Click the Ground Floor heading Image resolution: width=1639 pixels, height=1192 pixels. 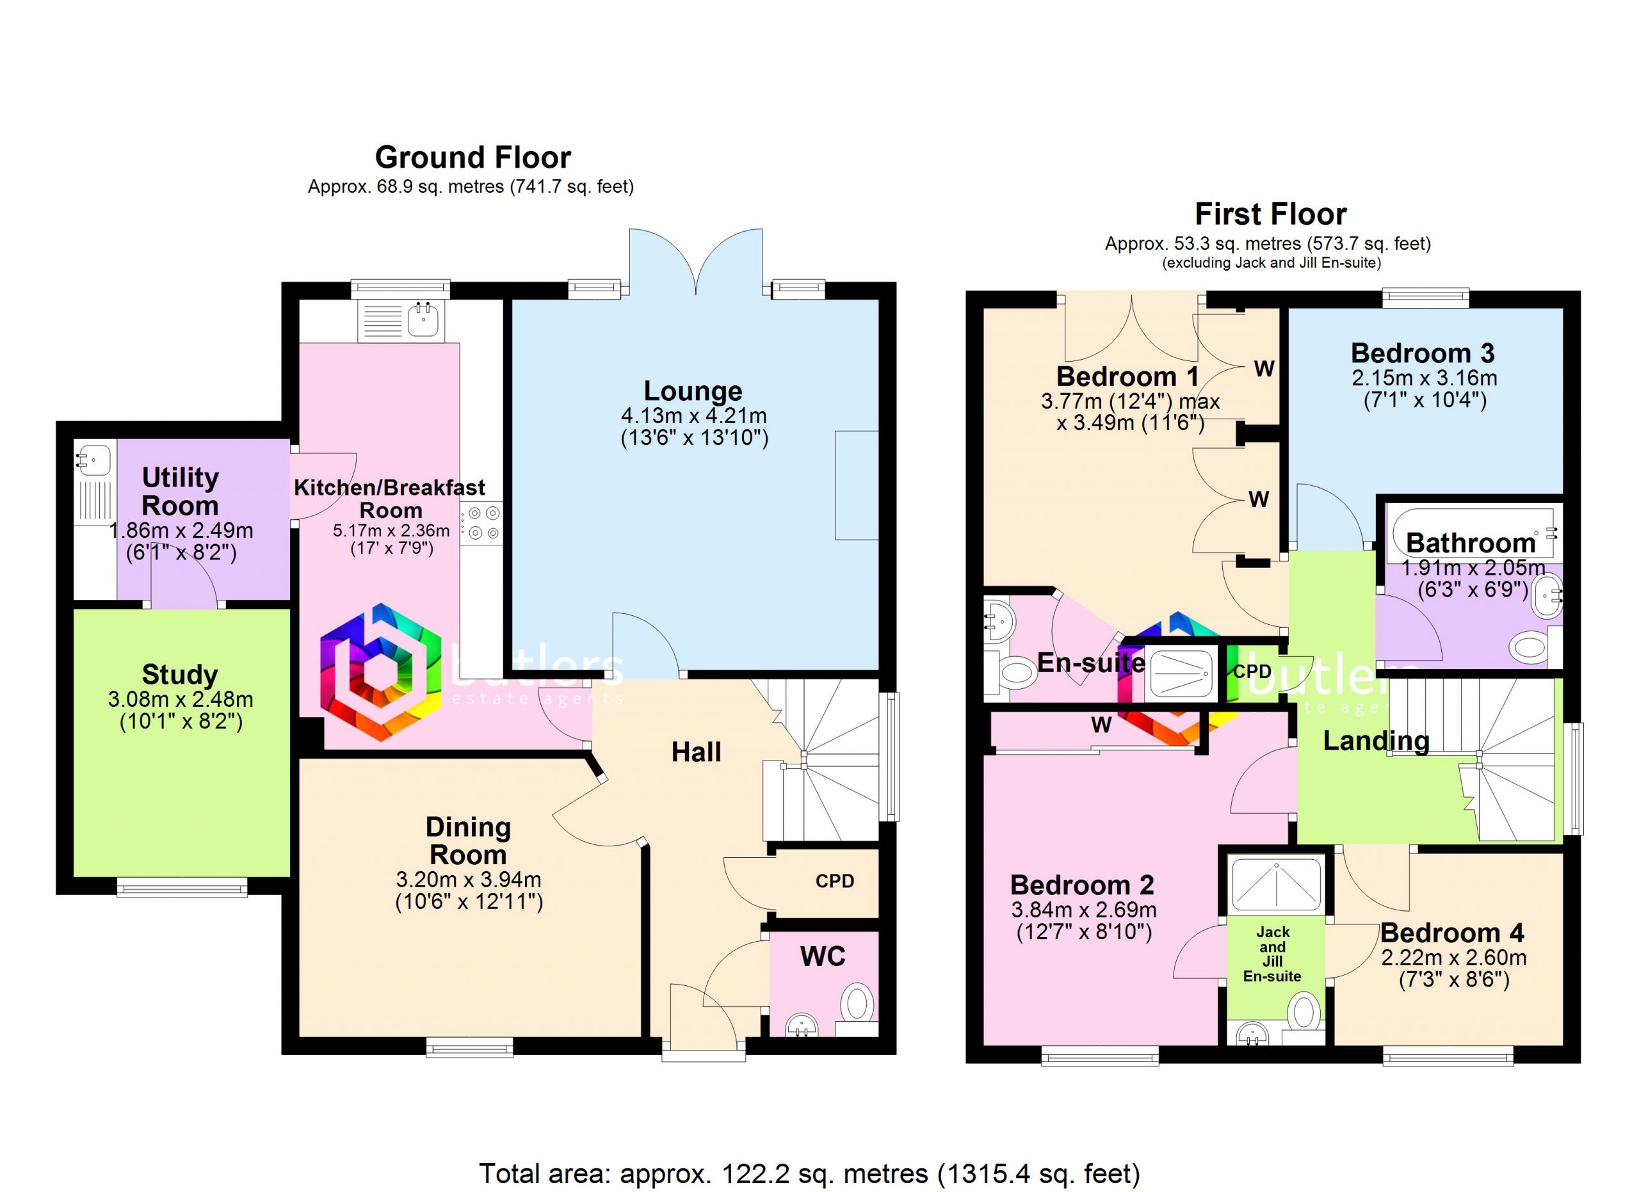tap(472, 157)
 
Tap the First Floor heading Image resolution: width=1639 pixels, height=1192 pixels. tap(1270, 214)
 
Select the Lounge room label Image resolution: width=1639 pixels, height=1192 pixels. tap(693, 391)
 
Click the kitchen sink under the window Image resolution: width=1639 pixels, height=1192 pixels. tap(422, 320)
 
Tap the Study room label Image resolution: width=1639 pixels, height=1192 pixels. tap(180, 675)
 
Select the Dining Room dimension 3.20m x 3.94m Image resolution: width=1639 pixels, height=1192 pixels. tap(468, 880)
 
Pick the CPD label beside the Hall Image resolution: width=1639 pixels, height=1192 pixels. tap(835, 882)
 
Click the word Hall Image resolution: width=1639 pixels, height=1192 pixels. tap(696, 752)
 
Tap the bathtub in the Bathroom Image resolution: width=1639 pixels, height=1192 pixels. tap(1471, 535)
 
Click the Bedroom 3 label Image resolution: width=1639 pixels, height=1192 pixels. tap(1422, 353)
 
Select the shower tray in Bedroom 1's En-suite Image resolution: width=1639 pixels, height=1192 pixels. tap(1180, 675)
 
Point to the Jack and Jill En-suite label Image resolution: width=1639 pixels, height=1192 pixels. tap(1273, 954)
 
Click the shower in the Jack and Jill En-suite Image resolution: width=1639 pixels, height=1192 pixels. tap(1276, 887)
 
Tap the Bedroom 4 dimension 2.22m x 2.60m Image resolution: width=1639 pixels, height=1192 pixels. tap(1453, 958)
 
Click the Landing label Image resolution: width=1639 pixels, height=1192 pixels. tap(1376, 741)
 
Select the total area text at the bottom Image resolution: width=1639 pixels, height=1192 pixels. tap(809, 1174)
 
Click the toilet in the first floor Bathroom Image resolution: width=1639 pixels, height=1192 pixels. tap(1530, 646)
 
